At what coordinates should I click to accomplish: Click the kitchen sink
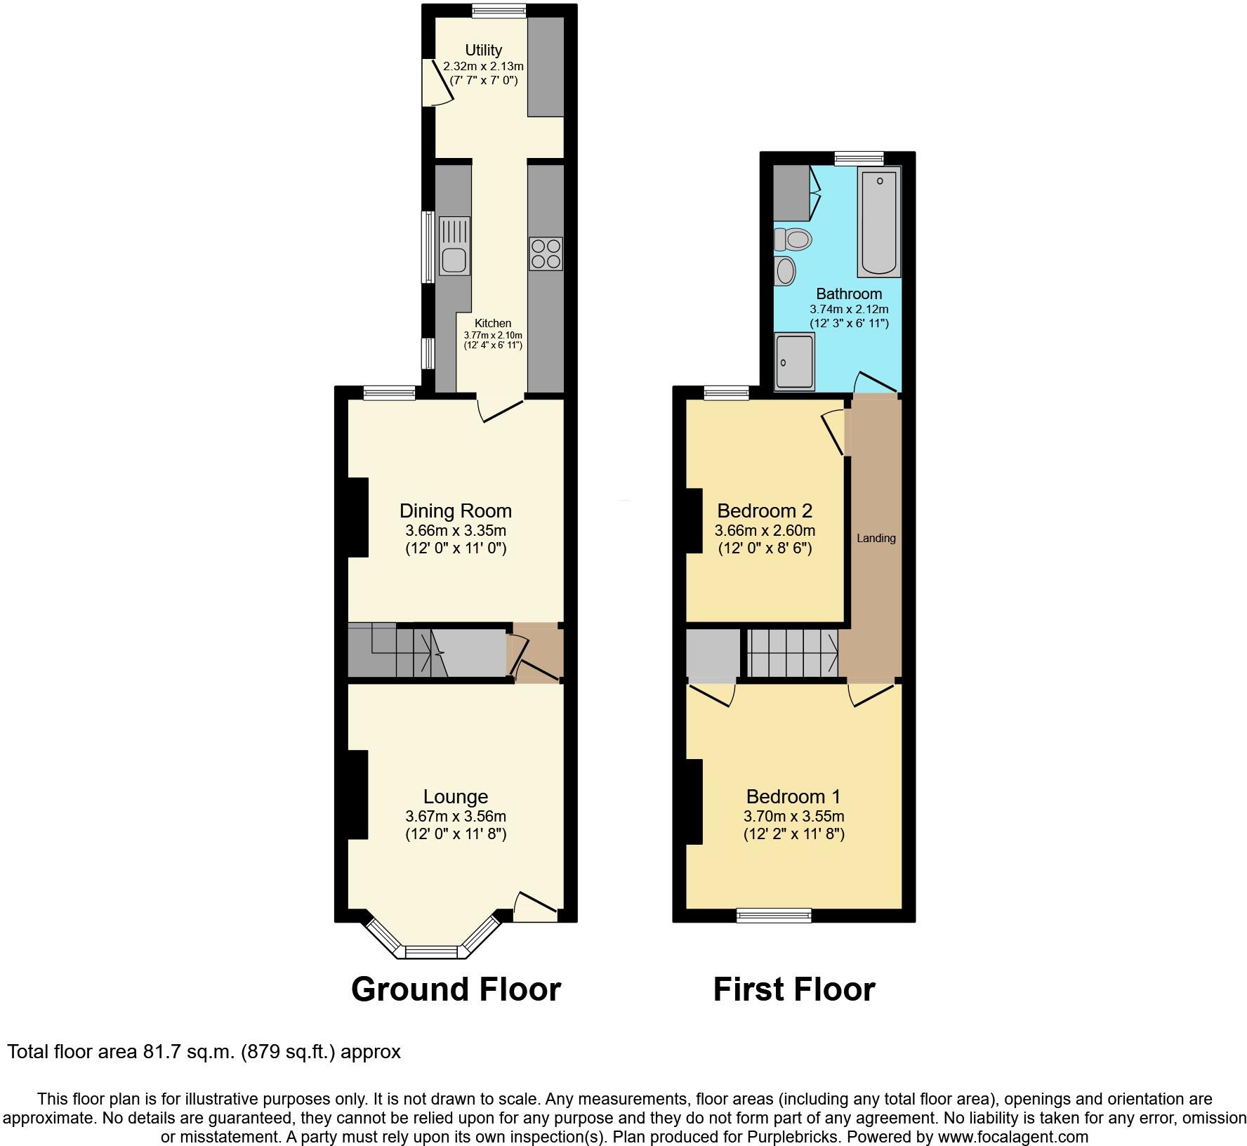(x=454, y=246)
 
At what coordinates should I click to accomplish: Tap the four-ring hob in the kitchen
(x=546, y=254)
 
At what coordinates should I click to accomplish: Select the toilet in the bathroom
(x=793, y=239)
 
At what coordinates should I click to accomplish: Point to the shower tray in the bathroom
(x=794, y=362)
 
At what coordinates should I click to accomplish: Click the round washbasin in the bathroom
(x=785, y=270)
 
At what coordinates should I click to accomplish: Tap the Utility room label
(x=483, y=51)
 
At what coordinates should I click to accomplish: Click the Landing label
(x=876, y=539)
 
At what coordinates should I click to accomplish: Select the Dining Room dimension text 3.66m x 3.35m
(x=455, y=531)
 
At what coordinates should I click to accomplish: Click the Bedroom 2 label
(x=765, y=511)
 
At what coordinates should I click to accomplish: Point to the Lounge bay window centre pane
(x=431, y=952)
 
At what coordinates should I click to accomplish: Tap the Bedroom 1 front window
(x=774, y=915)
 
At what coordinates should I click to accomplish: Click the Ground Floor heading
(x=456, y=989)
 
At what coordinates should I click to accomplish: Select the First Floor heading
(x=794, y=989)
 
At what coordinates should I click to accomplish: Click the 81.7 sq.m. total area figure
(x=192, y=1052)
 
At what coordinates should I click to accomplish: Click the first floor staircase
(x=792, y=652)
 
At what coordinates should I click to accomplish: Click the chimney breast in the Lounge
(x=357, y=794)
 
